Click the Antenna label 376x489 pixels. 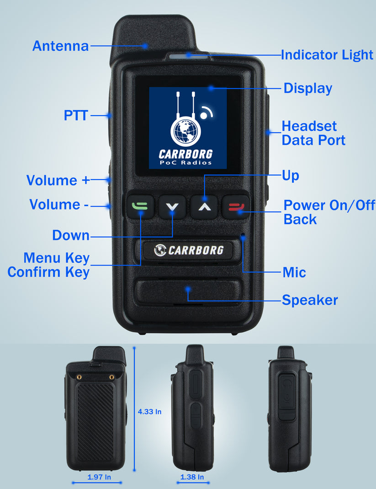pyautogui.click(x=60, y=46)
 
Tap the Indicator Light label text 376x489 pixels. pyautogui.click(x=327, y=55)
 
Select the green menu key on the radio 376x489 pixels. pyautogui.click(x=139, y=206)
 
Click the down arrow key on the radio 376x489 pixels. pyautogui.click(x=172, y=207)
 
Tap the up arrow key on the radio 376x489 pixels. pyautogui.click(x=204, y=207)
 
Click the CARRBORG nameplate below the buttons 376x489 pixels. pyautogui.click(x=188, y=250)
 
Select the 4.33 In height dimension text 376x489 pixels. pyautogui.click(x=149, y=412)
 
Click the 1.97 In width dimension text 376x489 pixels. pyautogui.click(x=99, y=477)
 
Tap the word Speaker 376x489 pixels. pyautogui.click(x=310, y=300)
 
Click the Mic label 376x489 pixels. pyautogui.click(x=294, y=273)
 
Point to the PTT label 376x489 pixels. pyautogui.click(x=75, y=116)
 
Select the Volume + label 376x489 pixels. pyautogui.click(x=58, y=180)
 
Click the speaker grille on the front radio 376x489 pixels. pyautogui.click(x=188, y=293)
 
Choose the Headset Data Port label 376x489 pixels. pyautogui.click(x=313, y=133)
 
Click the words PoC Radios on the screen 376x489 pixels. pyautogui.click(x=185, y=163)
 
